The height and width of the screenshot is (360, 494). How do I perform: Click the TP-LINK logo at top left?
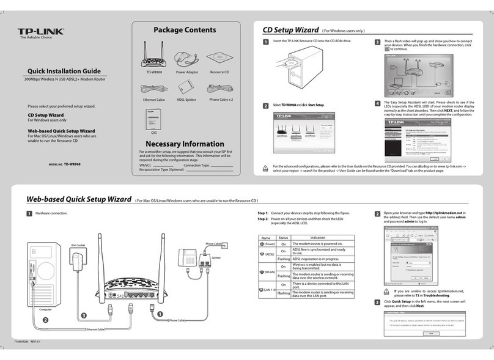tap(40, 32)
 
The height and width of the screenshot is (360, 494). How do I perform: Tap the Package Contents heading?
tap(184, 30)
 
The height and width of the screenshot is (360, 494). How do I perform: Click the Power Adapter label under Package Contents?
tap(188, 72)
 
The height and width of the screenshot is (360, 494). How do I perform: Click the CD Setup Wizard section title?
tap(290, 30)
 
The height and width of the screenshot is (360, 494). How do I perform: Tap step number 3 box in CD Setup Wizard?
tap(377, 42)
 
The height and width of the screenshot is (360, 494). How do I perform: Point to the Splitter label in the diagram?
tap(216, 259)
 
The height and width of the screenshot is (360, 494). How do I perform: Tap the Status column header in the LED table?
tap(283, 238)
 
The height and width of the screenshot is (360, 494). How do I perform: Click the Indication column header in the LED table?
tap(318, 238)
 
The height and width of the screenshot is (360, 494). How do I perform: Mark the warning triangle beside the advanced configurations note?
tap(265, 167)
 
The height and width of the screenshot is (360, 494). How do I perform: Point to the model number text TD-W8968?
tap(73, 164)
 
